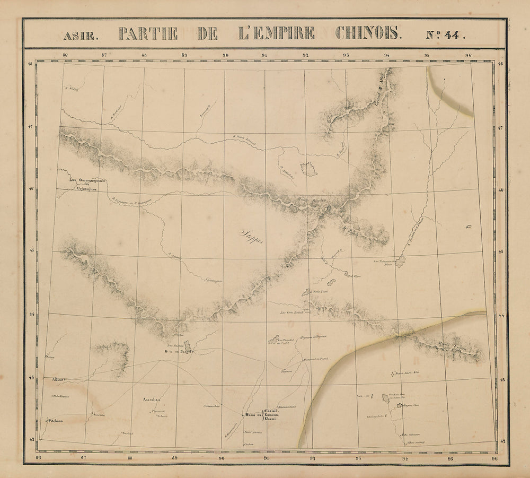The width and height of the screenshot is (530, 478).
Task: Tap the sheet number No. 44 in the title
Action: pos(445,35)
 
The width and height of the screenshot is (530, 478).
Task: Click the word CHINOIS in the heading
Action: pos(368,34)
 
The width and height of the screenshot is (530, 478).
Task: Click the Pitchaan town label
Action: pos(57,421)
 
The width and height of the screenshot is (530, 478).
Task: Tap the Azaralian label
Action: pos(151,400)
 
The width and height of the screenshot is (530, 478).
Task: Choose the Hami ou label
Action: pos(252,415)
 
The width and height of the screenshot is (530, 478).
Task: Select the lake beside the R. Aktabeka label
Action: pos(309,169)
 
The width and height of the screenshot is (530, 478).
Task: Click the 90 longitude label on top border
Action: pos(225,55)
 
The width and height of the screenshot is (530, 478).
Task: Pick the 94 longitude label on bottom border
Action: pos(405,458)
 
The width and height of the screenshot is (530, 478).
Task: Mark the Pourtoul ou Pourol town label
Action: pos(317,359)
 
